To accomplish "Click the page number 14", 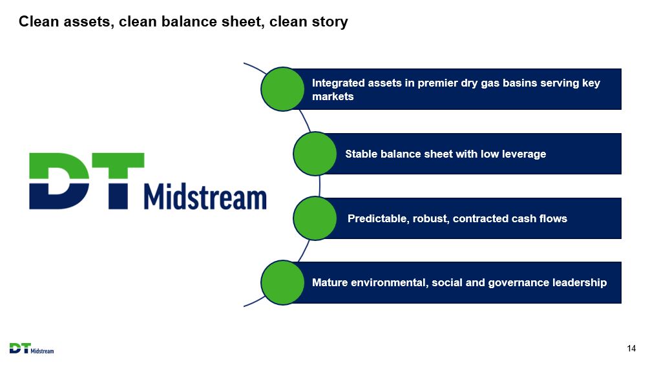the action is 631,348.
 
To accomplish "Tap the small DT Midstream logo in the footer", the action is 32,348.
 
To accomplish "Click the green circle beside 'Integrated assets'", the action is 282,89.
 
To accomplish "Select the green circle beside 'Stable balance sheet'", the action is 315,154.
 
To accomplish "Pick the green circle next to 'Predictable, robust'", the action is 315,218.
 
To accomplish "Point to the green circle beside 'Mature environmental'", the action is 282,282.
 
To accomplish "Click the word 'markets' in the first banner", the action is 333,96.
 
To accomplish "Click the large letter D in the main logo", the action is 59,181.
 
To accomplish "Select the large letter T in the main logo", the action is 118,181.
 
